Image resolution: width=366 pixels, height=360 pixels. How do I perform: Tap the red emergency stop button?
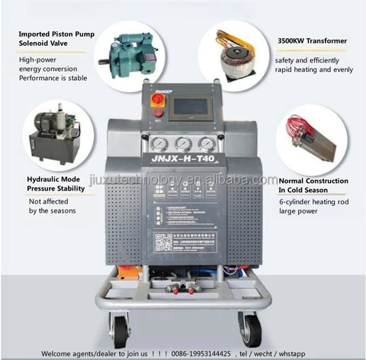[x=159, y=111]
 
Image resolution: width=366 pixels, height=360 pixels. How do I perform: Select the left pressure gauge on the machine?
[x=159, y=144]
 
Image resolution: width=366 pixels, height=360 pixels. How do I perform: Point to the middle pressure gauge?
[x=182, y=144]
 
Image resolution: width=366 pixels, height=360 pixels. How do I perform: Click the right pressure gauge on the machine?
[x=205, y=144]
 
